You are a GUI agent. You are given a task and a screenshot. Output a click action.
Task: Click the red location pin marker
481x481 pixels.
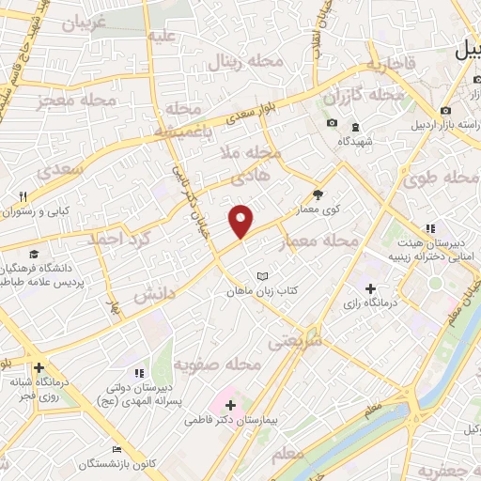241,220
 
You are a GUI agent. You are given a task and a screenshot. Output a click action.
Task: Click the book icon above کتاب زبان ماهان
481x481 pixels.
263,276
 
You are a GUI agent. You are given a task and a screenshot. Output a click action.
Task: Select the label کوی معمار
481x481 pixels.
319,209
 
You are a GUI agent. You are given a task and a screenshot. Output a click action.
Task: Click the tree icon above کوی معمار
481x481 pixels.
319,194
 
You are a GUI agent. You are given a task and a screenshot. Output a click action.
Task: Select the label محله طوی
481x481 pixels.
442,178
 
